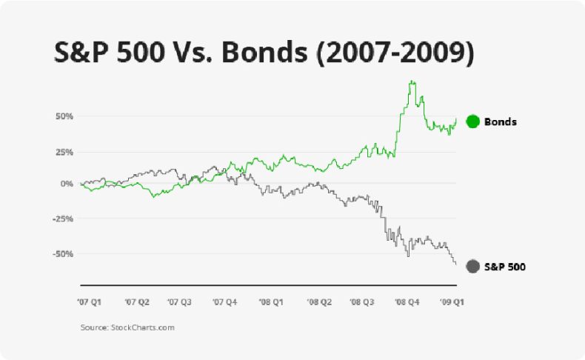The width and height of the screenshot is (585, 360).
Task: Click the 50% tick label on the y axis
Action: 63,116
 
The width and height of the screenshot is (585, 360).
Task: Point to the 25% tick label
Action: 63,151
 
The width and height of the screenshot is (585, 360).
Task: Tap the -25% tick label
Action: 61,219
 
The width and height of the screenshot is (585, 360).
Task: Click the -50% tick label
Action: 61,253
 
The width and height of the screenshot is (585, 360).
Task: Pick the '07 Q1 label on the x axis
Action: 90,302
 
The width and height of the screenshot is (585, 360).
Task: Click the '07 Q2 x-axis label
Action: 137,302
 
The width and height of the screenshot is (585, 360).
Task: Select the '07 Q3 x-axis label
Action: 180,302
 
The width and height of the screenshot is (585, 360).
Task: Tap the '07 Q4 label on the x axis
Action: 224,302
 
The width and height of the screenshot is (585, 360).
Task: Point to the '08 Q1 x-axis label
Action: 270,302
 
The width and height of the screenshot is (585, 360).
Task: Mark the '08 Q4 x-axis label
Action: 408,302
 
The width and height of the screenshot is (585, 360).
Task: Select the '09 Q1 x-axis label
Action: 451,302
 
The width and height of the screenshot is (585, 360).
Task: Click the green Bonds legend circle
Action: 472,121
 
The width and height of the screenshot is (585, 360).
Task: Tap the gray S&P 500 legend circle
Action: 472,266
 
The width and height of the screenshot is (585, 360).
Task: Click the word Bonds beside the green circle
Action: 500,121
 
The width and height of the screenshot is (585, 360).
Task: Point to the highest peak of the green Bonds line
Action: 412,81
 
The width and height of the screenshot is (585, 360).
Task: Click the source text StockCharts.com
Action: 142,327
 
